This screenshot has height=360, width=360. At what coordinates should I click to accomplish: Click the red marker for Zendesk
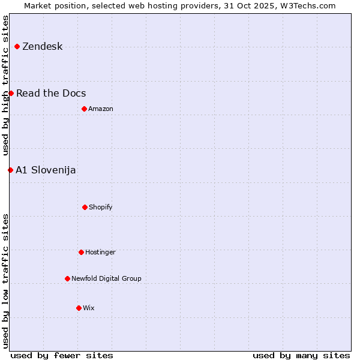pyautogui.click(x=17, y=46)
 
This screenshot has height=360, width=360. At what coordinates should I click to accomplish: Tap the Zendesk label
pyautogui.click(x=42, y=47)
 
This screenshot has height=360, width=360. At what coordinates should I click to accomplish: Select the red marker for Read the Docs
pyautogui.click(x=11, y=93)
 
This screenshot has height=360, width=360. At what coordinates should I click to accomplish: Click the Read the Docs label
pyautogui.click(x=51, y=94)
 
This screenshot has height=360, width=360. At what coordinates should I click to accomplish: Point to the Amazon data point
pyautogui.click(x=84, y=109)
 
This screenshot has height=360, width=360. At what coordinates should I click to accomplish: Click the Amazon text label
pyautogui.click(x=101, y=109)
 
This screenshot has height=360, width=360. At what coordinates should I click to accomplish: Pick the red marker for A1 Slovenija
pyautogui.click(x=10, y=170)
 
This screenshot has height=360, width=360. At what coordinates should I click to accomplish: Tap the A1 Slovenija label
pyautogui.click(x=46, y=170)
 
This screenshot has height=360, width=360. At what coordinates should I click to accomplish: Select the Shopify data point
pyautogui.click(x=85, y=207)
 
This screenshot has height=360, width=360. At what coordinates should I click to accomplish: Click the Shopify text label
pyautogui.click(x=101, y=208)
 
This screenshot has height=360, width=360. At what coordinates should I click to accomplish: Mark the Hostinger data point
pyautogui.click(x=81, y=252)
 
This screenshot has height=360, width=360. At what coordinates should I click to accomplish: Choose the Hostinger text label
pyautogui.click(x=100, y=253)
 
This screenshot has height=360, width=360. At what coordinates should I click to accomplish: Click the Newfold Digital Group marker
pyautogui.click(x=67, y=278)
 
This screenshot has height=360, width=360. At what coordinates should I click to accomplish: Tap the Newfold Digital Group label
pyautogui.click(x=106, y=278)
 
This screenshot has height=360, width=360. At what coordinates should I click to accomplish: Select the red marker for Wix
pyautogui.click(x=79, y=308)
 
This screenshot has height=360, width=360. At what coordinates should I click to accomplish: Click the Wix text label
pyautogui.click(x=89, y=308)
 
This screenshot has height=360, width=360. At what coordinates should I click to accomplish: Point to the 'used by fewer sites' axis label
pyautogui.click(x=62, y=355)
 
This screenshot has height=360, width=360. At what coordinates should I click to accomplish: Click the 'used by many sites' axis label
pyautogui.click(x=301, y=355)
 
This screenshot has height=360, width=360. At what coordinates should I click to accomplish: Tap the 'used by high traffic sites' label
pyautogui.click(x=5, y=86)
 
